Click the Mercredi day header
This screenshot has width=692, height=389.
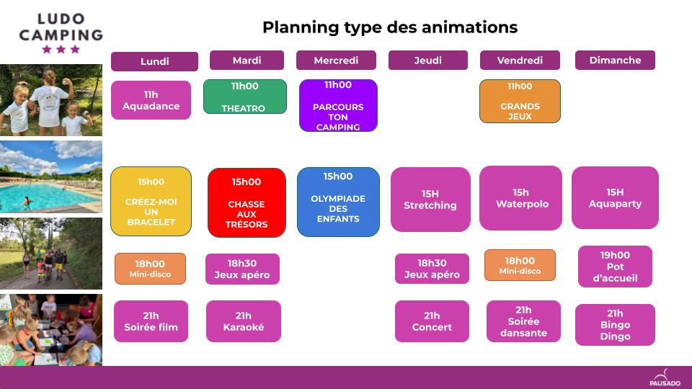click(337, 61)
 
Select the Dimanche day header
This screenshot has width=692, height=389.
click(615, 61)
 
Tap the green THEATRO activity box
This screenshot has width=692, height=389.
click(245, 97)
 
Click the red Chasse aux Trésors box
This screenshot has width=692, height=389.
click(247, 202)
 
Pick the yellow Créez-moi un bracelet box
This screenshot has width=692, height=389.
click(151, 201)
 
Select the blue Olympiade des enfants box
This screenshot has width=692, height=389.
click(338, 202)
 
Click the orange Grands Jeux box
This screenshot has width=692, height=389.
click(520, 101)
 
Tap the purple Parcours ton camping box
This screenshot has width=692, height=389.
click(338, 105)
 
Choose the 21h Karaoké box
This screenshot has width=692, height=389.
click(243, 321)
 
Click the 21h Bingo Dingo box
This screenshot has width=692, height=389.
click(615, 325)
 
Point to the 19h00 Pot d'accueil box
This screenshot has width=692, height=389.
click(615, 267)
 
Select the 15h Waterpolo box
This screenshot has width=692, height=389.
click(520, 198)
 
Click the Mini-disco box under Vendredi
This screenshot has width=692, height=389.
click(520, 265)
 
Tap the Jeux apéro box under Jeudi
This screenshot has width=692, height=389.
click(432, 269)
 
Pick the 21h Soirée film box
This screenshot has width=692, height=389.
click(151, 321)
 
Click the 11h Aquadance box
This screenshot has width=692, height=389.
click(151, 100)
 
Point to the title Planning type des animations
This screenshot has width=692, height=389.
click(390, 27)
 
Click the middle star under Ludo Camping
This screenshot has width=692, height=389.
click(61, 49)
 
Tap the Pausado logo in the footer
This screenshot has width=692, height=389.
click(665, 378)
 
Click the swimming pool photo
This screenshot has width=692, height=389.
click(51, 177)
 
